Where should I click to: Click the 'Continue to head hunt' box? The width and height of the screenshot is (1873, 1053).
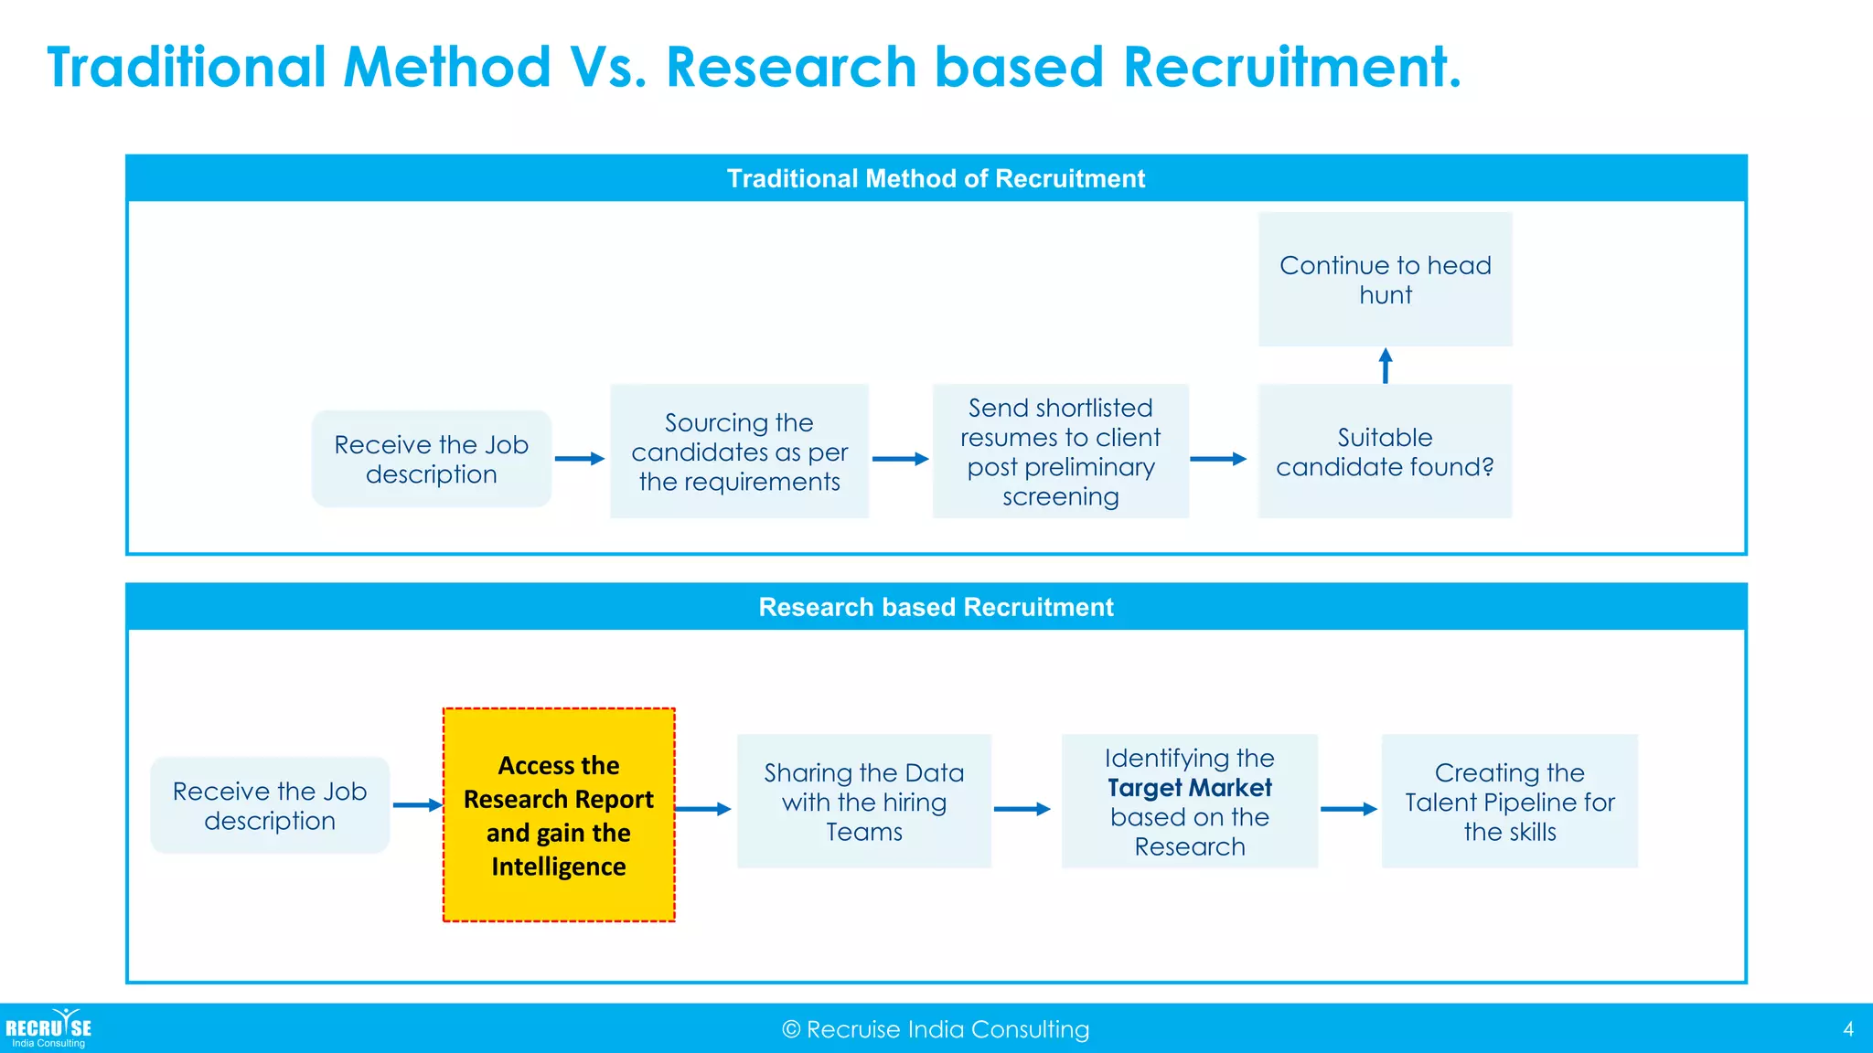(x=1385, y=280)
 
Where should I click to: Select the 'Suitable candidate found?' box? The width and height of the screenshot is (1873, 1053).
(x=1385, y=452)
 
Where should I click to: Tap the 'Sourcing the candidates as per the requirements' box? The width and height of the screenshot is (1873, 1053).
(x=739, y=452)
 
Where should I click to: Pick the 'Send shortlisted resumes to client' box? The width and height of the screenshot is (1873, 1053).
(x=1060, y=452)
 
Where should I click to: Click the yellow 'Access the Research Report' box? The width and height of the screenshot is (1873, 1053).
(x=559, y=814)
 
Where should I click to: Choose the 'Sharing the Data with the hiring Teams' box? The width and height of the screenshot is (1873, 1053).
(x=863, y=802)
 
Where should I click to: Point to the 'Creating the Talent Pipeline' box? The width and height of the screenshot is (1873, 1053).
(x=1509, y=802)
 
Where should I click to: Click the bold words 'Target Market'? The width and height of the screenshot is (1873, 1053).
(x=1189, y=788)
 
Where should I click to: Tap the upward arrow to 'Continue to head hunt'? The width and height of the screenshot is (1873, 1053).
(x=1386, y=366)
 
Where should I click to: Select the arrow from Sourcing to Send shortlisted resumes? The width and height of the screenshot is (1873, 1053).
(x=900, y=459)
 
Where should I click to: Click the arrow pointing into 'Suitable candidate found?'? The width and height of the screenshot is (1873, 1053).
(x=1218, y=459)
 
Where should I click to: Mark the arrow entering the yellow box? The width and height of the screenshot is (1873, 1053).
(x=418, y=805)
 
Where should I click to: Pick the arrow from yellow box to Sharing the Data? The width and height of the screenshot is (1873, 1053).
(x=703, y=809)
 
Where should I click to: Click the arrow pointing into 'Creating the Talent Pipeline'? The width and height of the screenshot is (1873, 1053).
(x=1349, y=809)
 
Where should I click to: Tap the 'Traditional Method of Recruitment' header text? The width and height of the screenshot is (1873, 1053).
(x=936, y=178)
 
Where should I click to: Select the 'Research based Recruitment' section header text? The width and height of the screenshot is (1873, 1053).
(x=936, y=607)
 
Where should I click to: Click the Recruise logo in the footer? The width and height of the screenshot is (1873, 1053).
(x=48, y=1029)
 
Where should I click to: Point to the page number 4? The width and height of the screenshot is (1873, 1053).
(x=1848, y=1029)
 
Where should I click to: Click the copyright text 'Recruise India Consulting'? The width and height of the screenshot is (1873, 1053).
(x=936, y=1030)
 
